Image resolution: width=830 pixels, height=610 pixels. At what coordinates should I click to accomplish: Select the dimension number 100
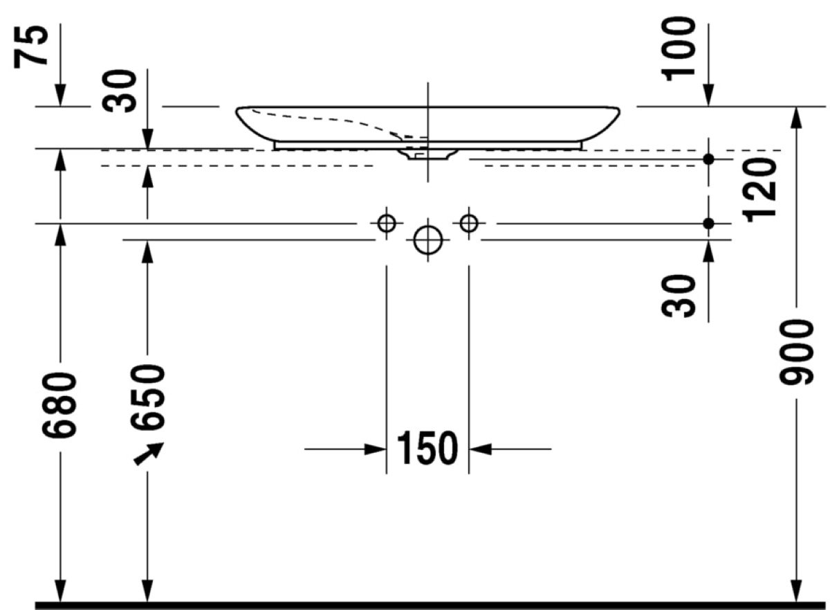(679, 49)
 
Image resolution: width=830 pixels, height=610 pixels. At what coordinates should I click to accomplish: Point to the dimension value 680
(59, 406)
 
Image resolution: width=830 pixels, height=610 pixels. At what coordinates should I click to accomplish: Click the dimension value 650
(147, 397)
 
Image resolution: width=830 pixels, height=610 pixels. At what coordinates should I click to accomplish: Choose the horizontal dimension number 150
(427, 449)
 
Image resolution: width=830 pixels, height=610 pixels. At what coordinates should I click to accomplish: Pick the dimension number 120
(759, 190)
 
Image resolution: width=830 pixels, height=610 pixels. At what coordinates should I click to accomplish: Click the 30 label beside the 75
(119, 91)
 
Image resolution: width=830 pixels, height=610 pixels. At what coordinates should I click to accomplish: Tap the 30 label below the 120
(679, 296)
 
